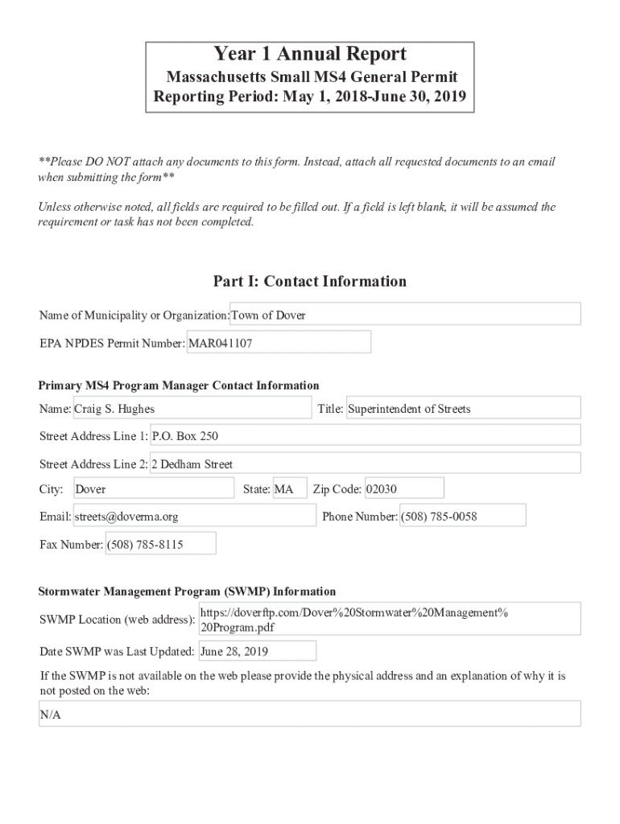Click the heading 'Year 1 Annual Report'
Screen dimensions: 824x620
click(310, 55)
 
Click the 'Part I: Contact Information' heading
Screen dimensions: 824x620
click(310, 281)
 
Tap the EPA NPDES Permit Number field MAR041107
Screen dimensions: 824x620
click(279, 343)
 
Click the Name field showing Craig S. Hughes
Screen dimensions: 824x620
click(192, 409)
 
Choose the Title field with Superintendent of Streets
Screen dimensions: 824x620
click(463, 409)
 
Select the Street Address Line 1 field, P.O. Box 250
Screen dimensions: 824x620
click(366, 436)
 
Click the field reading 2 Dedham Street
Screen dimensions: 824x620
click(366, 464)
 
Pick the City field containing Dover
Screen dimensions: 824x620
click(153, 488)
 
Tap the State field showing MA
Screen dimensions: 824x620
click(289, 488)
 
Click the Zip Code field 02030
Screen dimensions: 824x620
click(403, 488)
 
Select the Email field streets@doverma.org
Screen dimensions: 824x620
click(194, 517)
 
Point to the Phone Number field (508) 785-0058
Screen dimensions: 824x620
click(462, 517)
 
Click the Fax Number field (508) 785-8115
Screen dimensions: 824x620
click(160, 544)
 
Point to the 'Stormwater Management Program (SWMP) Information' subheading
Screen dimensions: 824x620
click(188, 591)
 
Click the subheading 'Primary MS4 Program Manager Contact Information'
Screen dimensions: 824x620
click(179, 385)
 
